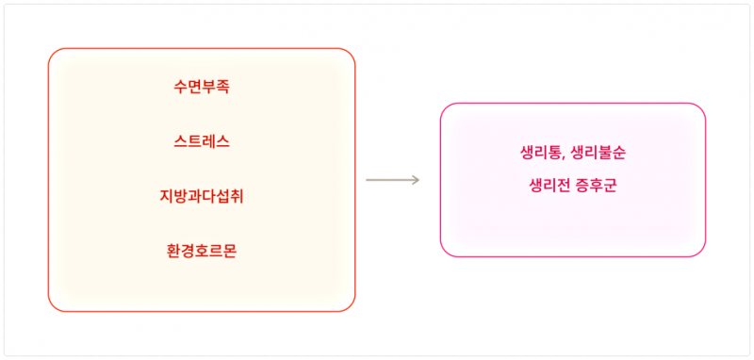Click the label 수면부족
[x=202, y=87]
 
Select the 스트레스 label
[x=202, y=141]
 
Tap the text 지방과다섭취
[x=202, y=197]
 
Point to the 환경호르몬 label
[x=202, y=252]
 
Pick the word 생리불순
[x=598, y=154]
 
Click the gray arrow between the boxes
[x=392, y=180]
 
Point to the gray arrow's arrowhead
[x=417, y=180]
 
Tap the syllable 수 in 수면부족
[x=180, y=87]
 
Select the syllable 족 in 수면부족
[x=222, y=87]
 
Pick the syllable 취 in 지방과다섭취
[x=238, y=197]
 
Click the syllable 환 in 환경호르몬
[x=173, y=252]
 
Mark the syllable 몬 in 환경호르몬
[x=230, y=252]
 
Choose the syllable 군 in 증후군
[x=610, y=185]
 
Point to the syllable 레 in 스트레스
[x=208, y=141]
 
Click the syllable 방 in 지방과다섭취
[x=180, y=197]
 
